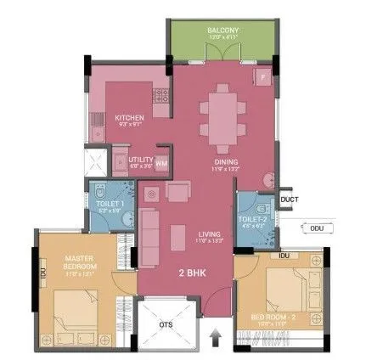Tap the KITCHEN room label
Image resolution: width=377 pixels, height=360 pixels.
click(x=130, y=117)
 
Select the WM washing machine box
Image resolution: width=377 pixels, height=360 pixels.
click(x=161, y=161)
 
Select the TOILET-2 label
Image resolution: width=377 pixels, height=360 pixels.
click(x=254, y=218)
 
